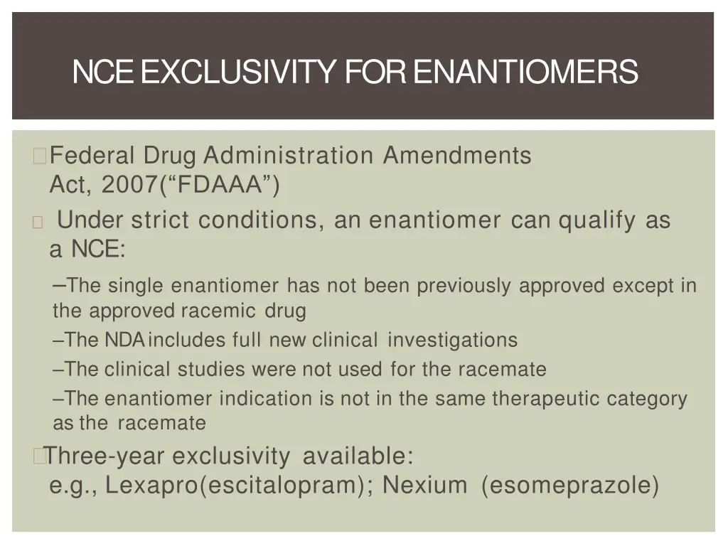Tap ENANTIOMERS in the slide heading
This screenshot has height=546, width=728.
point(525,72)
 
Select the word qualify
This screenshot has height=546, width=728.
point(597,220)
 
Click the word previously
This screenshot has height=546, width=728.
point(464,286)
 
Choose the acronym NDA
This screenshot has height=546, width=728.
point(124,341)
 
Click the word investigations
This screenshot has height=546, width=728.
point(452,341)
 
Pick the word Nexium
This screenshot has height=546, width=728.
point(425,486)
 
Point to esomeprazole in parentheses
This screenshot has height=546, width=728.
point(570,486)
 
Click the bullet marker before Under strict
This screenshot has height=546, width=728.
point(38,221)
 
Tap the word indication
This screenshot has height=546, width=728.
point(267,399)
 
